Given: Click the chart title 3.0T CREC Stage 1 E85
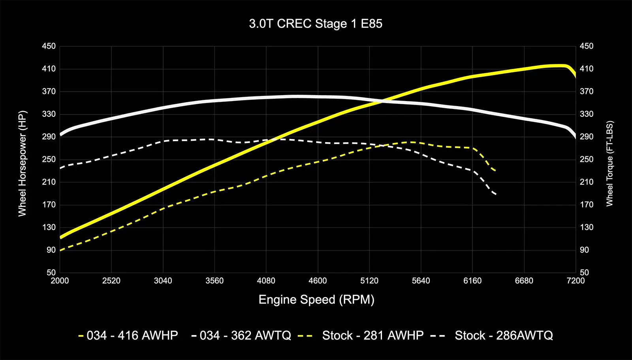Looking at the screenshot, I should (x=316, y=24).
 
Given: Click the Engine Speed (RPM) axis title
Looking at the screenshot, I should (x=316, y=300).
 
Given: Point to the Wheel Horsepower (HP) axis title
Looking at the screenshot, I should (x=22, y=163).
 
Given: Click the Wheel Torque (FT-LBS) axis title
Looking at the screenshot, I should (x=609, y=163).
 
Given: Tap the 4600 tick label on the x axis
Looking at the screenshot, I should (x=318, y=281).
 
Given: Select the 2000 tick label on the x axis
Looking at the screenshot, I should (x=60, y=281).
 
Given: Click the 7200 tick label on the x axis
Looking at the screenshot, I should (x=576, y=281).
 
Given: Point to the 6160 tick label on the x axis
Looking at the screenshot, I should (x=472, y=281).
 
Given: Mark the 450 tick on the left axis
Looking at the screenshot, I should (x=49, y=46).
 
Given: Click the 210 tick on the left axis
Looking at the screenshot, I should (x=49, y=182).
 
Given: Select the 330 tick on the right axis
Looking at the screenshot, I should (x=587, y=114).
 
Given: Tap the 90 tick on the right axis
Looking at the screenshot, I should (x=585, y=250).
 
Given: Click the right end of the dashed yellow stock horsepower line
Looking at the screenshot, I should (x=495, y=171).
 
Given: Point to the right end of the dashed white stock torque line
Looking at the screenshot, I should (x=495, y=194).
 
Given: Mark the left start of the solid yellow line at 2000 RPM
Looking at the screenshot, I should (x=60, y=237).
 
